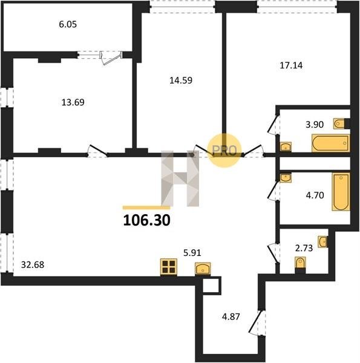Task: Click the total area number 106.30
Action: coord(147,220)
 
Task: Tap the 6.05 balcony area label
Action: coord(68,24)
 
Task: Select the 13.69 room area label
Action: coord(73,102)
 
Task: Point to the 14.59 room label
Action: coord(181,80)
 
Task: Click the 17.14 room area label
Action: coord(291,65)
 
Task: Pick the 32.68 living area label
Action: coord(33,264)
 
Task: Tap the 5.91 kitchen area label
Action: coord(192,253)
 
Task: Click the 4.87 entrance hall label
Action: coord(231,316)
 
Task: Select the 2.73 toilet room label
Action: coord(304,248)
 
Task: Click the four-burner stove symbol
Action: coord(169,267)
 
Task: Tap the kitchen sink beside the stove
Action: coord(203,269)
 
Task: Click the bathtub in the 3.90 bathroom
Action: coord(330,143)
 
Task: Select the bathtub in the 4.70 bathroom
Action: coord(341,192)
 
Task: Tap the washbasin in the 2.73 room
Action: coord(322,241)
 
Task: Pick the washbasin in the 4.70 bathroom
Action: coord(286,178)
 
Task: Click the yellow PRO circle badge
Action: coord(224,151)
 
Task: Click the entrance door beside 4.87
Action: coord(257,322)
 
